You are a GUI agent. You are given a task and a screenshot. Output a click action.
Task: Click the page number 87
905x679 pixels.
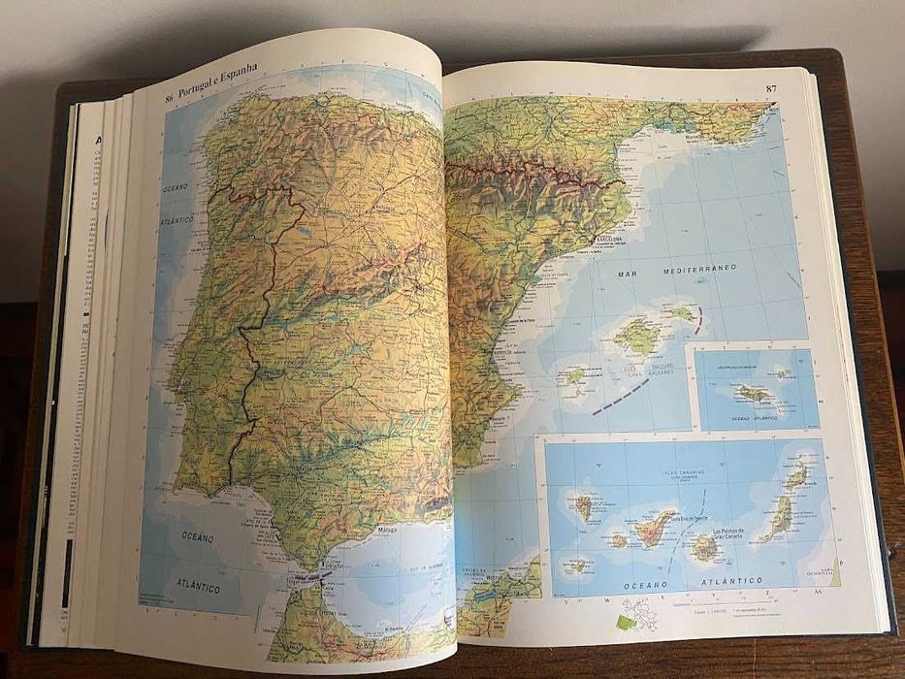[771, 89]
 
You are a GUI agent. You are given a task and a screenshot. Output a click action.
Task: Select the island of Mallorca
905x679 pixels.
[639, 335]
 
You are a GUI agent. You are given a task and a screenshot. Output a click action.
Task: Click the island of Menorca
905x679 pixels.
[684, 312]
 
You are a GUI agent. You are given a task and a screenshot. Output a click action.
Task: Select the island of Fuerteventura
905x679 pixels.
[775, 519]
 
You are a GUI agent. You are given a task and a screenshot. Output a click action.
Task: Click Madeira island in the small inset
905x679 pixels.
[753, 393]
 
